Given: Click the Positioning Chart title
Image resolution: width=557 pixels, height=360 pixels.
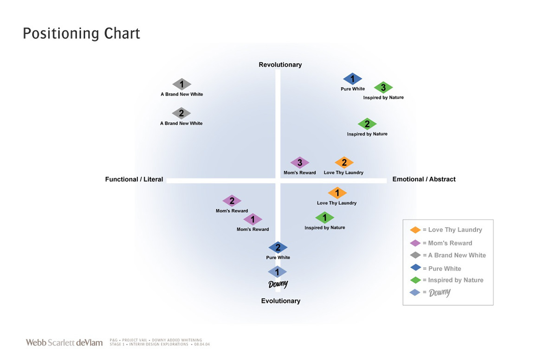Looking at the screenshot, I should [81, 34].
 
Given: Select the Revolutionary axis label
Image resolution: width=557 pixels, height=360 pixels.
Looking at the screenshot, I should [280, 64].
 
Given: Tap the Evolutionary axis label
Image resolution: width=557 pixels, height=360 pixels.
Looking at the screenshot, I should [280, 301].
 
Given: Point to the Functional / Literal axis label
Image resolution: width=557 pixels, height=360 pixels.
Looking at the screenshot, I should [134, 179].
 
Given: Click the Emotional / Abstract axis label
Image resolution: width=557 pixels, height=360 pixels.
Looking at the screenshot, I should [424, 179].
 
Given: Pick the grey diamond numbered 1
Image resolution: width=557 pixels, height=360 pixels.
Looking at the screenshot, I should [182, 84].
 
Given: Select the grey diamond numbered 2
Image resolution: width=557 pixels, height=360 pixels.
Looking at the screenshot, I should [181, 113].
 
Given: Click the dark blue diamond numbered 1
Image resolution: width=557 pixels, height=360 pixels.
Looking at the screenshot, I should [353, 79].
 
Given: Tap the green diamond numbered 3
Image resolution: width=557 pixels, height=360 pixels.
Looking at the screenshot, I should [383, 87].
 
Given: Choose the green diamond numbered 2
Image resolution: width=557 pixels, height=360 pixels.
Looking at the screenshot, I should [367, 124].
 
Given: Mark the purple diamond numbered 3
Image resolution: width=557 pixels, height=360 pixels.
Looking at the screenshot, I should [300, 163].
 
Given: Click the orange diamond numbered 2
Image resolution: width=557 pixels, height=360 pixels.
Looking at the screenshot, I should [344, 163].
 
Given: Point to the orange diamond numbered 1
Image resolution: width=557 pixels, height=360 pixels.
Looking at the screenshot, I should [337, 193].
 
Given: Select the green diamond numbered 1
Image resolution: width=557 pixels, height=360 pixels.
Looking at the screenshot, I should [325, 218].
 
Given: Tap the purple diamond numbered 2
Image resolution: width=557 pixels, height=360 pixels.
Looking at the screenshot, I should [232, 201].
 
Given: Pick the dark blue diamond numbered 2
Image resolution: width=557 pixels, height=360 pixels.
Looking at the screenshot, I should [278, 248].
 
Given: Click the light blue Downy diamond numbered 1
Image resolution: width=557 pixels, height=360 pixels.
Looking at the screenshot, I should [278, 272].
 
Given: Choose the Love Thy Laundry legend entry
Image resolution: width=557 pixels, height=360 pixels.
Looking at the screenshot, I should [447, 230].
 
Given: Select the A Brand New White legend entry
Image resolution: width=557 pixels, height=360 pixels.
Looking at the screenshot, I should [449, 255].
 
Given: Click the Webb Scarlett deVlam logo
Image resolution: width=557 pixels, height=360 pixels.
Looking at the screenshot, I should [64, 343].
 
